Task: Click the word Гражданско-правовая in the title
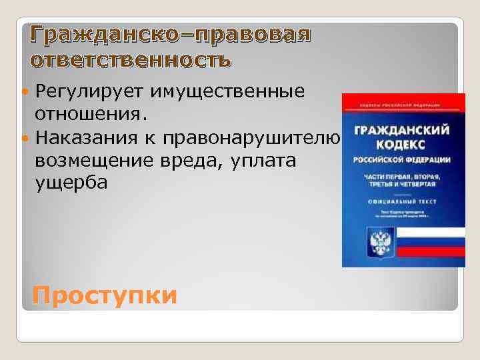pos(171,34)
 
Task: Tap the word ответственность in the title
pos(131,60)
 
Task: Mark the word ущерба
pos(70,183)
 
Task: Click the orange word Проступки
pos(105,294)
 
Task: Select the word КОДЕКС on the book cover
pos(403,146)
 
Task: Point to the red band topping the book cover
pos(403,101)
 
